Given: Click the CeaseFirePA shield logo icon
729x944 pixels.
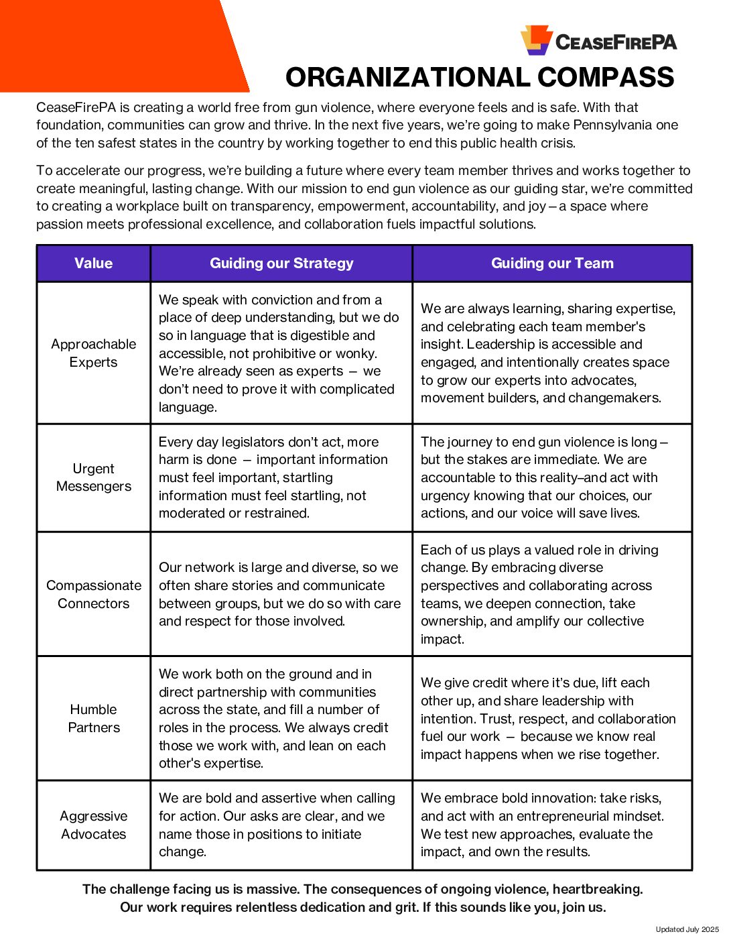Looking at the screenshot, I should (x=536, y=40).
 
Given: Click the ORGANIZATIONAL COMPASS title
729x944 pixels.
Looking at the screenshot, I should (x=480, y=78).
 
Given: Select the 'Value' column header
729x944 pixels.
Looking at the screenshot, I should (x=94, y=263).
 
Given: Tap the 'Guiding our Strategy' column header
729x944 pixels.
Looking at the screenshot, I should (x=281, y=263).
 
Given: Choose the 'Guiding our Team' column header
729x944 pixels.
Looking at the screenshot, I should (x=552, y=263).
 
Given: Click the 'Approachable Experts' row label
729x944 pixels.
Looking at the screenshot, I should (x=94, y=353).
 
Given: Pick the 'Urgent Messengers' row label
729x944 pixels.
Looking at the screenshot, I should (x=94, y=477).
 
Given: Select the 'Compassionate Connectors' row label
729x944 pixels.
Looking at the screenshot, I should (x=94, y=594).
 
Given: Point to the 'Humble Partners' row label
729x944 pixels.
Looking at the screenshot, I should (x=94, y=718).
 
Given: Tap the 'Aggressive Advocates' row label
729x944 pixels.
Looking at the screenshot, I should (x=94, y=825).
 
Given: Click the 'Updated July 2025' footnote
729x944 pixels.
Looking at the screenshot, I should (x=687, y=929).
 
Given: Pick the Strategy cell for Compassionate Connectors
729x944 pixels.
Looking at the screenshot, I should (x=280, y=594).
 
